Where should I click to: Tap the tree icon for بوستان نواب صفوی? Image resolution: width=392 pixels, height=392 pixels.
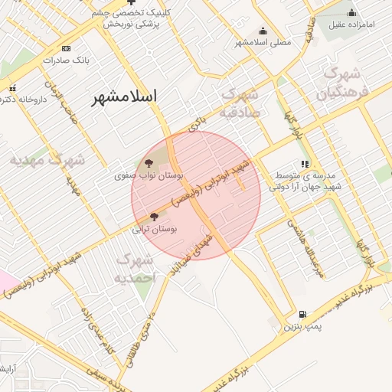coord(149,162)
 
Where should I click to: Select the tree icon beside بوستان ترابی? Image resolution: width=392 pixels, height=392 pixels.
coord(155,217)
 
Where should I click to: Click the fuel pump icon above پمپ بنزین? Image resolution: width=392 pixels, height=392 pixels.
coord(302,315)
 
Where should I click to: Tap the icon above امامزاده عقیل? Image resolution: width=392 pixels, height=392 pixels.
coord(351,12)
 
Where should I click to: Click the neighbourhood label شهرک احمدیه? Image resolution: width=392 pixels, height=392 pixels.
coord(135,268)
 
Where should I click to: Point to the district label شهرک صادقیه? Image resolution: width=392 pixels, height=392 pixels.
coord(242,102)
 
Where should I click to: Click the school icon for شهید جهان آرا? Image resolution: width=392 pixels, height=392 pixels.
coord(305,163)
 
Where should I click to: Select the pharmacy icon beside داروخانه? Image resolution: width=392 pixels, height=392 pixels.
coord(11,88)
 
